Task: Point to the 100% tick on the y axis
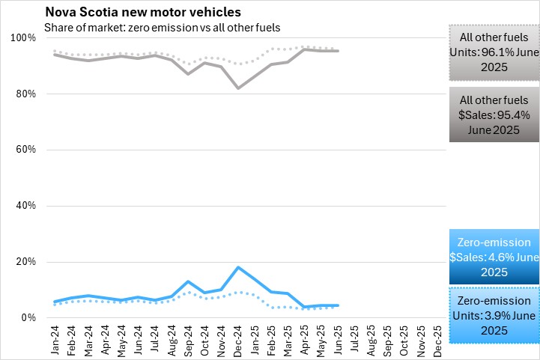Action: tap(22, 38)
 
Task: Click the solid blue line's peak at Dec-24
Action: tap(238, 267)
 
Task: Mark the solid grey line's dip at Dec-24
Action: tap(238, 88)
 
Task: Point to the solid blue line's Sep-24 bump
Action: tap(188, 281)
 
